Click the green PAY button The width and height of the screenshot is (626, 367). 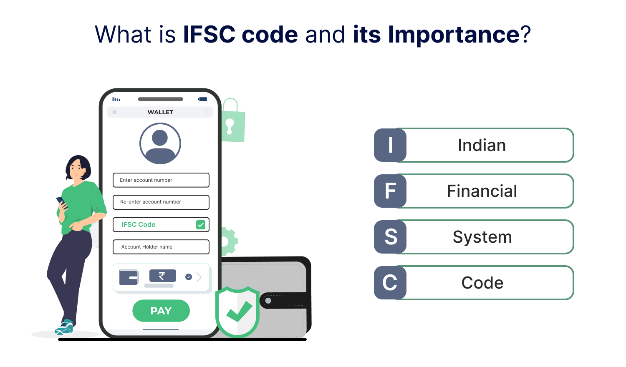[161, 311]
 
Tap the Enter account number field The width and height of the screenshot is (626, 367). [161, 180]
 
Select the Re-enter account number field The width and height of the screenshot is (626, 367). [161, 202]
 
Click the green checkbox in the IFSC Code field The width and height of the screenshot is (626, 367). [201, 224]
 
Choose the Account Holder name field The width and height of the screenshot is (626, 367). [161, 247]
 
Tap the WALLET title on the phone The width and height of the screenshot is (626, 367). [160, 112]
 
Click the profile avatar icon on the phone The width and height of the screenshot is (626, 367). [160, 143]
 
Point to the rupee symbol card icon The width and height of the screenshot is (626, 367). [163, 276]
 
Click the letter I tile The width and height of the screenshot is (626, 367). [390, 145]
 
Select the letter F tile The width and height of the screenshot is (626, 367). [390, 191]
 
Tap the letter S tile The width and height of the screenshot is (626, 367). [390, 236]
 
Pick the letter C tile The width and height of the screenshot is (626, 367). [390, 283]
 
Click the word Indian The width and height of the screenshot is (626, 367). [482, 145]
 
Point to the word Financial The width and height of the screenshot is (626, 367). [482, 191]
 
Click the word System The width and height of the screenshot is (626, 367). [482, 237]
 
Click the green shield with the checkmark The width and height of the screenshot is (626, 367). [237, 312]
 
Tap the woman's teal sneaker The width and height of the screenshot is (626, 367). [64, 328]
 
